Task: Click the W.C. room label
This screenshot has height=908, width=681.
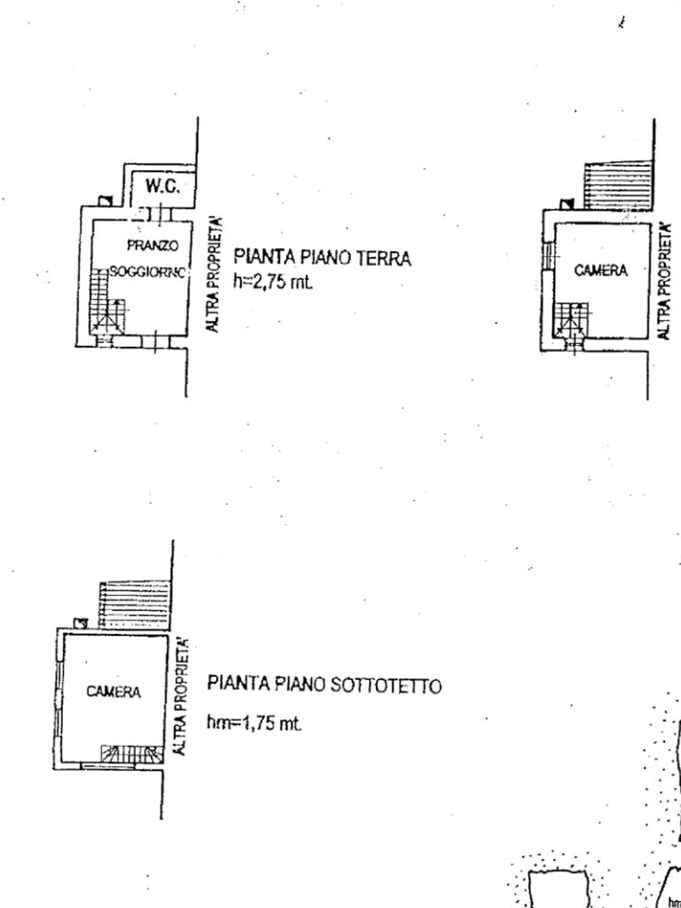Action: pos(162,187)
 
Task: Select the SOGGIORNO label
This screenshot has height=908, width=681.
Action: pos(147,271)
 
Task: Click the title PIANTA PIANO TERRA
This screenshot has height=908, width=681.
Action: pos(323,258)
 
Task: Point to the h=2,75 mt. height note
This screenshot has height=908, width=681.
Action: pos(274,282)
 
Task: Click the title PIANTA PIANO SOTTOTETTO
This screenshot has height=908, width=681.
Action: pos(325,685)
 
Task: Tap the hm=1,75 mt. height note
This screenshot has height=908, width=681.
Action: pos(254,724)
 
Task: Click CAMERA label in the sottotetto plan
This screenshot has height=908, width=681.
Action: pos(113,692)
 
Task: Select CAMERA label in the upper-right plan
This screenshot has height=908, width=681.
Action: pos(601,270)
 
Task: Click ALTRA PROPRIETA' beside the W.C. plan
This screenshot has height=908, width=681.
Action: pos(213,274)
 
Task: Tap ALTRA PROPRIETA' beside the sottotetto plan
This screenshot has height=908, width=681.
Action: pos(184,696)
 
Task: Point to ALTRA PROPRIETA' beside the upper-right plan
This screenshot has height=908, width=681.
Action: pos(664,281)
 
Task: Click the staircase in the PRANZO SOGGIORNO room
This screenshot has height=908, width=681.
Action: pos(106,306)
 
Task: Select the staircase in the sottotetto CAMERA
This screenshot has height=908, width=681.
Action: pos(131,754)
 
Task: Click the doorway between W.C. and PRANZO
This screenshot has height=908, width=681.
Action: pos(158,213)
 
